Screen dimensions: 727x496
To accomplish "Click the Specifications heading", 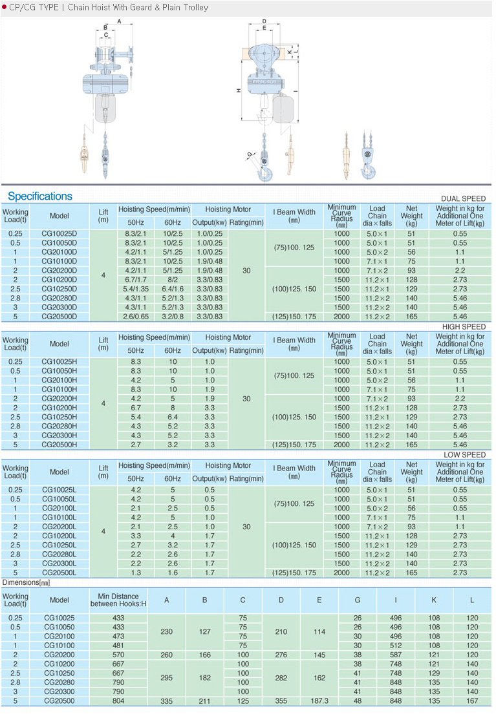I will tap(40, 196).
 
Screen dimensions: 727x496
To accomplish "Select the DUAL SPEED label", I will tap(463, 198).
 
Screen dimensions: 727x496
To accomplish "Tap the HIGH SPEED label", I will tap(463, 327).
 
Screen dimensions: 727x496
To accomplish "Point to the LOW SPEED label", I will tap(464, 455).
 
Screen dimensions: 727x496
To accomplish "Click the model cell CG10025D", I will tap(59, 233).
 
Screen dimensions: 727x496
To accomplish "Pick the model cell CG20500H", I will tap(59, 445).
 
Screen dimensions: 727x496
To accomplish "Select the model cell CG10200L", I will tap(59, 536).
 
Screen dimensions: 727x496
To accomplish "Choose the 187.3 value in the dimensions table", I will tap(319, 701).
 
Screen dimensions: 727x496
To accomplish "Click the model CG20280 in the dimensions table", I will tap(59, 682).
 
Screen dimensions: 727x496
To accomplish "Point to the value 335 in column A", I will tap(166, 701).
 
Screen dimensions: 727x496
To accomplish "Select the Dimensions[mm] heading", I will tap(27, 582).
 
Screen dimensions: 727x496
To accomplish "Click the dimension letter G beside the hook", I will tap(248, 154).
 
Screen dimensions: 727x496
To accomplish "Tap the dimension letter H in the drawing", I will tap(238, 90).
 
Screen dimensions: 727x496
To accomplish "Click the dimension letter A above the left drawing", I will tap(120, 22).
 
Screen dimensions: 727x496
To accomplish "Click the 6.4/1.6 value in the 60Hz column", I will tap(173, 289).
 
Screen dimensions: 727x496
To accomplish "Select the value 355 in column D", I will tap(281, 701).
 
